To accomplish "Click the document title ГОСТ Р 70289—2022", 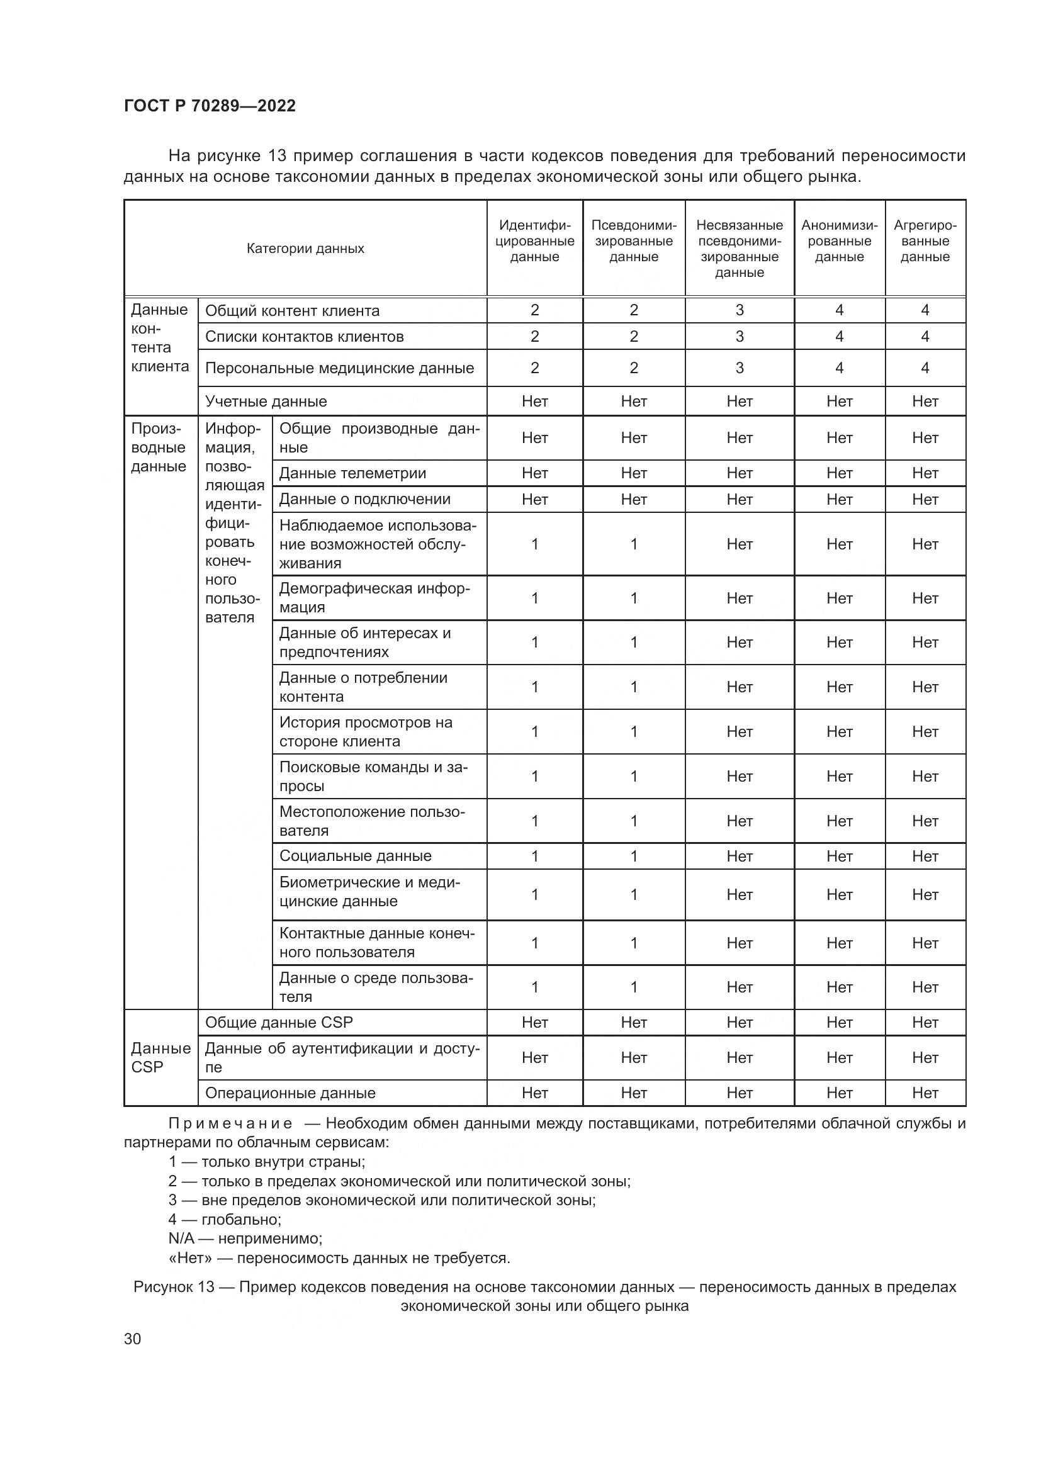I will coord(210,106).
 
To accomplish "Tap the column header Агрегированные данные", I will coord(925,241).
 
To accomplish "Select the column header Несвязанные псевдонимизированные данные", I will coord(739,249).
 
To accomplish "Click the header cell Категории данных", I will coord(305,249).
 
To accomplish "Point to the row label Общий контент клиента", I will coord(292,311).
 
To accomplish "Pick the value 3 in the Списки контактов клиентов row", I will coord(739,337).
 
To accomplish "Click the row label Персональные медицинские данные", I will coord(339,368).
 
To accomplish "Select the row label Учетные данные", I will coord(266,402).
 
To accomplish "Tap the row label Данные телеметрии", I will coord(352,473).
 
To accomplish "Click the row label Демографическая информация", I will coord(374,597).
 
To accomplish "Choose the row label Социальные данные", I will coord(355,856).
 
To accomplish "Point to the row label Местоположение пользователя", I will coord(372,821).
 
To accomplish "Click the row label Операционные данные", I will coord(290,1093).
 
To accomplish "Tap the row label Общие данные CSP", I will coord(279,1023).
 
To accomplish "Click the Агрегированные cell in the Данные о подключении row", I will coord(925,500).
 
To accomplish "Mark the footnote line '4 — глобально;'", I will coord(224,1220).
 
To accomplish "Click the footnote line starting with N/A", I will coord(245,1239).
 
